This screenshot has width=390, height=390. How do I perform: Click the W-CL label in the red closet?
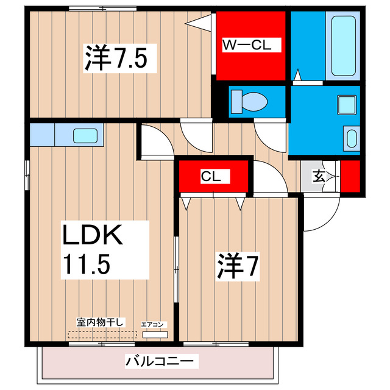(x=250, y=44)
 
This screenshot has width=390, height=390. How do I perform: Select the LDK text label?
(x=94, y=235)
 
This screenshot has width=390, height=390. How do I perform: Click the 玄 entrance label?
(x=319, y=177)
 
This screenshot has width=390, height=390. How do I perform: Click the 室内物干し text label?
(x=101, y=322)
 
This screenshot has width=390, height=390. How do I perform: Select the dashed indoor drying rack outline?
(x=102, y=335)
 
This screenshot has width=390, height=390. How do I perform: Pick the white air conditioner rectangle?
(x=154, y=335)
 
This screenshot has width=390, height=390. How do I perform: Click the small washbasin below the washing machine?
(x=352, y=137)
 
